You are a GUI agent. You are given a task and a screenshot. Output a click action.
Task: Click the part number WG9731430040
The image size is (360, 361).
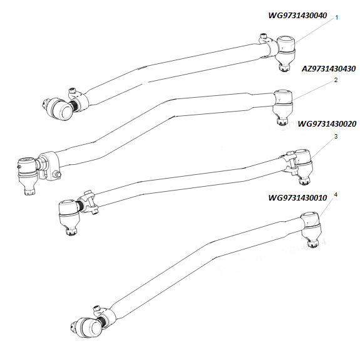(297, 16)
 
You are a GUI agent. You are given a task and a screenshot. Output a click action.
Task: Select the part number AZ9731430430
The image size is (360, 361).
(329, 68)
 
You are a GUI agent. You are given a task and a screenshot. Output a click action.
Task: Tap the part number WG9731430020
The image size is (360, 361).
(327, 124)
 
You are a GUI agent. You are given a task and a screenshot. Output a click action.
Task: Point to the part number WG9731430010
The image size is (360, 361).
(297, 198)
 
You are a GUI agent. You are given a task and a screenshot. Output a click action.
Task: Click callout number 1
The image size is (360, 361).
(337, 18)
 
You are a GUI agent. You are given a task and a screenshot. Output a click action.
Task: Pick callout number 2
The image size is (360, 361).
(336, 80)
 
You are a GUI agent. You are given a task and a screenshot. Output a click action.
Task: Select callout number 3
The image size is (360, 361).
(336, 137)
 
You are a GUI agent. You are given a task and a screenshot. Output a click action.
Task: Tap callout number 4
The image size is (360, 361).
(336, 195)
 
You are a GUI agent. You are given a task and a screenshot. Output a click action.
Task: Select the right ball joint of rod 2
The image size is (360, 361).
(283, 107)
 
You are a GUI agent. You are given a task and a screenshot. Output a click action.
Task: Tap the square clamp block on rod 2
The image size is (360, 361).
(49, 165)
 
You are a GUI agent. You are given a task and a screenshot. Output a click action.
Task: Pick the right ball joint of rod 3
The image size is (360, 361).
(304, 166)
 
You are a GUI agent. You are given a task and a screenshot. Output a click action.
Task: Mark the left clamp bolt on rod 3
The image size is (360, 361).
(91, 202)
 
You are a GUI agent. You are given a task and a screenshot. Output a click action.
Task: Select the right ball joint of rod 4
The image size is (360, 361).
(311, 229)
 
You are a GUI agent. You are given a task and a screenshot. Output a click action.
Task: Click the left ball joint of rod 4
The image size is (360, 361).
(87, 328)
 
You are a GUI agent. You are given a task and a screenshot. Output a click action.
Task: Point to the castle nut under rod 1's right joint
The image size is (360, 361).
(284, 68)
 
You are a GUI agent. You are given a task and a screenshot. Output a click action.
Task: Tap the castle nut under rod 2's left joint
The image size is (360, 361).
(29, 191)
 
